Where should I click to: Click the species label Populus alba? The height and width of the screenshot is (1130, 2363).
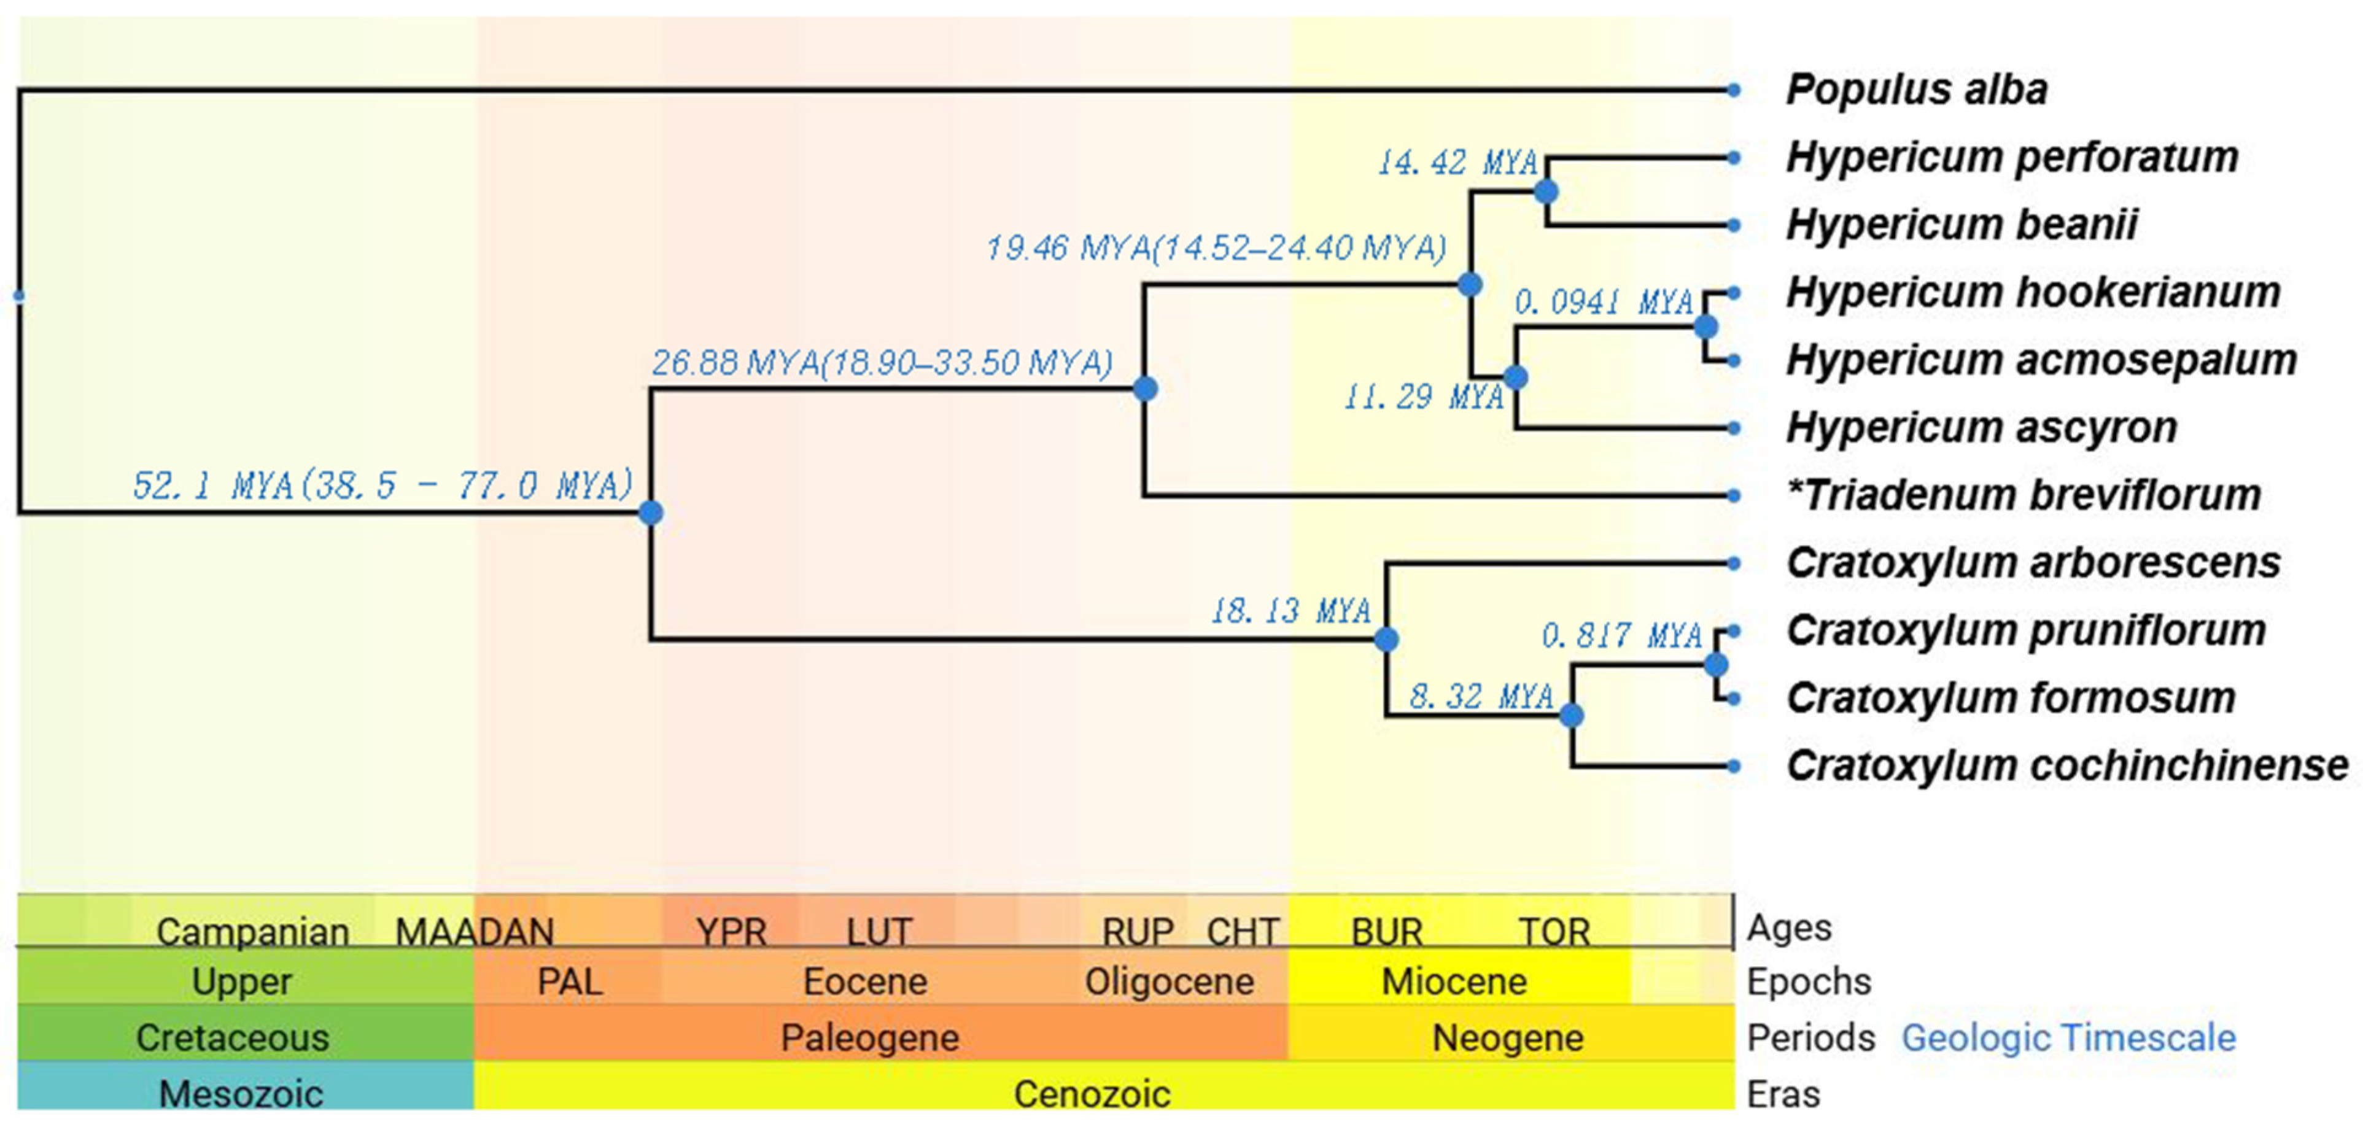1916,90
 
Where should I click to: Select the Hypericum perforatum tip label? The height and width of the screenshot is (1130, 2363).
2012,158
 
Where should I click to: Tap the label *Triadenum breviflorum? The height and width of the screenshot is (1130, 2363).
2023,495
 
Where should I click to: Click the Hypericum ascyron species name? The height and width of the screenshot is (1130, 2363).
1981,427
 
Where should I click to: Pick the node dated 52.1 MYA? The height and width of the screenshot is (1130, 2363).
650,513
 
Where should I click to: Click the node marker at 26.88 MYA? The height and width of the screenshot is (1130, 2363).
1145,389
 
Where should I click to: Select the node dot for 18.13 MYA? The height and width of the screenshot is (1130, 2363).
1386,640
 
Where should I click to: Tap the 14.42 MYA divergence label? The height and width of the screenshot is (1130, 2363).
1457,163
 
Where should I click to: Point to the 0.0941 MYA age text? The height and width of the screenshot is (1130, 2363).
1602,302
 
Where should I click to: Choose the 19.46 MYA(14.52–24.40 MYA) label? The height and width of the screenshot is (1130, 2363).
1216,247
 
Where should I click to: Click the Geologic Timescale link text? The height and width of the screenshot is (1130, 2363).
2068,1039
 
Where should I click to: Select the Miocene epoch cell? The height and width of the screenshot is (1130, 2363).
1454,981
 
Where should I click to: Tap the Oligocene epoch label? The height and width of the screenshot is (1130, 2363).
1169,981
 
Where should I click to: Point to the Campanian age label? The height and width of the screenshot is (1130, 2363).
252,932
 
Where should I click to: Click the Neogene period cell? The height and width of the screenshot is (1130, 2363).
1507,1039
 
